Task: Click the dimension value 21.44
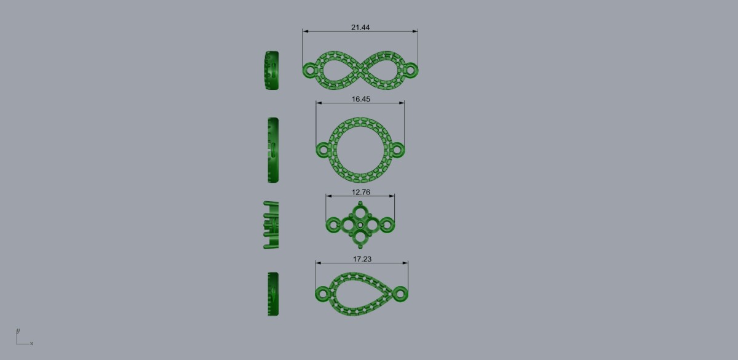[360, 27]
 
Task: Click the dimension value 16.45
[361, 99]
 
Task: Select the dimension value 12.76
[361, 192]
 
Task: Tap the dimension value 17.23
[362, 259]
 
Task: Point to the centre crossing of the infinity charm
[360, 70]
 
